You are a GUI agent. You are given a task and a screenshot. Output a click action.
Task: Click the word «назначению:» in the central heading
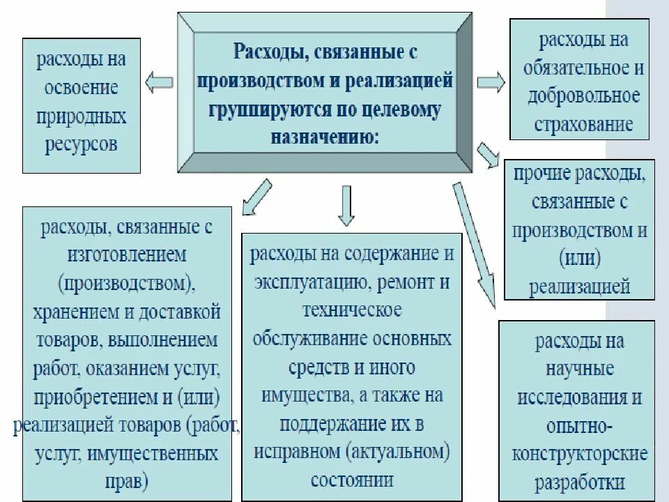[x=325, y=136]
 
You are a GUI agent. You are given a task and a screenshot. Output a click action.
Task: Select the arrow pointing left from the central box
[x=159, y=82]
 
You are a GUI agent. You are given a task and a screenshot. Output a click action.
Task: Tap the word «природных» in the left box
[x=82, y=116]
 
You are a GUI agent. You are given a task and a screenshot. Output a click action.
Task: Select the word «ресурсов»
[x=82, y=144]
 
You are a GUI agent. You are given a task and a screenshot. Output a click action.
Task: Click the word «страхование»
[x=583, y=124]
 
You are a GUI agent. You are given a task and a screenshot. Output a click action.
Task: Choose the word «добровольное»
[x=583, y=96]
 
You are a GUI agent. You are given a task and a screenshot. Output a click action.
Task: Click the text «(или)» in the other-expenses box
[x=579, y=259]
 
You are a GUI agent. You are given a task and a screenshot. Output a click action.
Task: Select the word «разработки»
[x=580, y=482]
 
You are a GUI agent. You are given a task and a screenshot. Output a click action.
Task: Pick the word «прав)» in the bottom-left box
[x=127, y=481]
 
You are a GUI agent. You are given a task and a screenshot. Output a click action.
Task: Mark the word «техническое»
[x=353, y=310]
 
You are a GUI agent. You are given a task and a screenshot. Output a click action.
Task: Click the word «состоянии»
[x=353, y=480]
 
